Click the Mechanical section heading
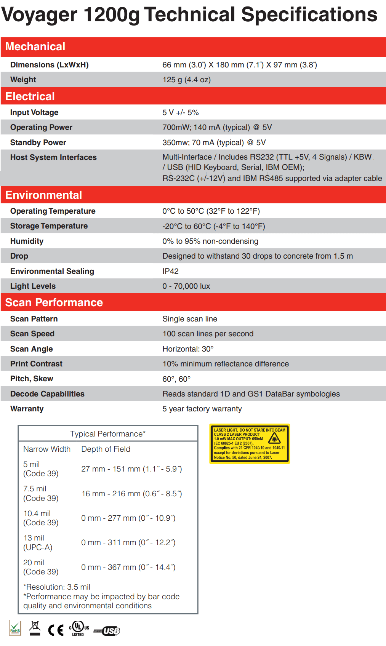point(35,46)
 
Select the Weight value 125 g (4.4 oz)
point(186,80)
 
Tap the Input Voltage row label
point(34,112)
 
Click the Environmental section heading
point(43,195)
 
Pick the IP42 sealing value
point(170,271)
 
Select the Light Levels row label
point(33,286)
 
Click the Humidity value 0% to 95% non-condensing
point(210,241)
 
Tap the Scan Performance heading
point(54,302)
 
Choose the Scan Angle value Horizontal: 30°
point(188,349)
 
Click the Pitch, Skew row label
point(32,379)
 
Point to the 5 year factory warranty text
point(202,409)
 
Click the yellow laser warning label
point(250,443)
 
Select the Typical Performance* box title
point(108,434)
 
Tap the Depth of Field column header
point(106,449)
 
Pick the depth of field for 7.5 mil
point(131,494)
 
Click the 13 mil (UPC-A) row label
point(38,542)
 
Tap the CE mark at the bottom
point(56,630)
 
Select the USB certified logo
point(107,631)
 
